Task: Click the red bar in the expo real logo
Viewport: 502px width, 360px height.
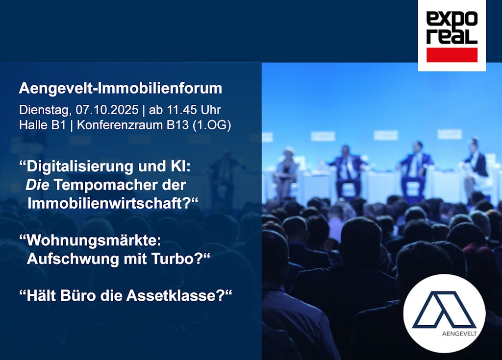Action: coord(452,55)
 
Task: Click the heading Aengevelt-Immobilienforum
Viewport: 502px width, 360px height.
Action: coord(121,88)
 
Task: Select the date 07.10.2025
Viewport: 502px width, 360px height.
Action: coord(107,110)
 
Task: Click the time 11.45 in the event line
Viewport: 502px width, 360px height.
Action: coord(182,110)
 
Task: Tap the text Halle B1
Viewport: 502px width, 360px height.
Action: coord(42,125)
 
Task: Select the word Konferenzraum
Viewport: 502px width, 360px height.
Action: coord(120,125)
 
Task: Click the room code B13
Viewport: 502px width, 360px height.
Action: coord(177,125)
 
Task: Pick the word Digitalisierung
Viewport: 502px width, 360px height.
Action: coord(80,167)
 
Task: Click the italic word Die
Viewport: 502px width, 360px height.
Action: coord(37,185)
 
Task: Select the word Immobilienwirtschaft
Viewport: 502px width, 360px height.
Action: coord(105,204)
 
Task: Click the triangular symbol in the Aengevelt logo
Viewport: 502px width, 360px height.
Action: coord(444,310)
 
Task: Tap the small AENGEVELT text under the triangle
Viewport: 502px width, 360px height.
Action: coord(459,334)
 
